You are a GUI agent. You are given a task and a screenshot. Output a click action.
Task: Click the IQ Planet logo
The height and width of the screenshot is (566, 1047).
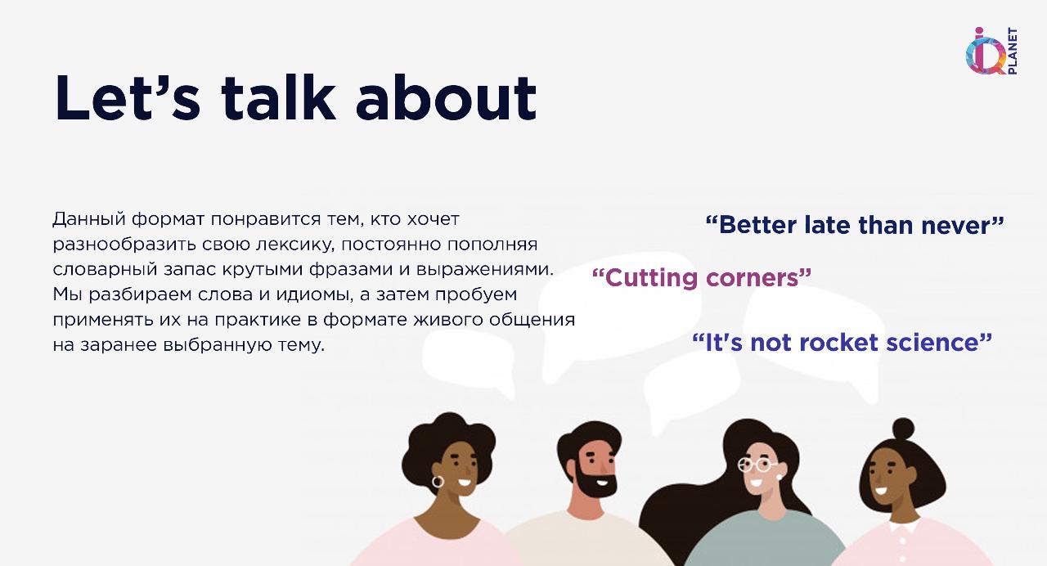[x=991, y=51]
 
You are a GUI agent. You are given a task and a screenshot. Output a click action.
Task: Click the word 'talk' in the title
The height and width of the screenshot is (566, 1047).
[x=279, y=97]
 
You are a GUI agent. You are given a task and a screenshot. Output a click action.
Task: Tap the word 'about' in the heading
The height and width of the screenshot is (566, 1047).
[x=446, y=97]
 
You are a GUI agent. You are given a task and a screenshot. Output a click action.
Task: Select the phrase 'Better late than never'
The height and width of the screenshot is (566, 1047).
[x=855, y=225]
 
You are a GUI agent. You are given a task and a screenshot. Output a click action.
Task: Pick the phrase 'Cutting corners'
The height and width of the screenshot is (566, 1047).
[x=702, y=277]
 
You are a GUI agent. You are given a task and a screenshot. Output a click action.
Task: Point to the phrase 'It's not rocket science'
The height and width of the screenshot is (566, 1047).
[x=842, y=343]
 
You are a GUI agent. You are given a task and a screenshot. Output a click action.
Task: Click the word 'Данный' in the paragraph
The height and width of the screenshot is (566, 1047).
[x=89, y=219]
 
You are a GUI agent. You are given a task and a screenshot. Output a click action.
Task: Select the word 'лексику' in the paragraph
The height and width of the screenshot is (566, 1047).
[x=295, y=245]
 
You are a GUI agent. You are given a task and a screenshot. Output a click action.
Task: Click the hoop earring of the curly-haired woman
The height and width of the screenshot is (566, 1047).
[x=438, y=482]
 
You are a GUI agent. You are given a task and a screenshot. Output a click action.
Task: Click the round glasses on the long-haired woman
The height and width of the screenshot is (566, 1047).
[x=754, y=465]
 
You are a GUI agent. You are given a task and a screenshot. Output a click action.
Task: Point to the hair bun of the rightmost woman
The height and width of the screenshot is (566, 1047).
[x=903, y=429]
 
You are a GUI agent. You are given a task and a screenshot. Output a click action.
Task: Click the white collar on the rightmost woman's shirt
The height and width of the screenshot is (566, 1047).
[x=904, y=528]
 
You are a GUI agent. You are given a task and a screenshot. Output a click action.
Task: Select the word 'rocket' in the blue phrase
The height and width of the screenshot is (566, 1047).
[x=838, y=343]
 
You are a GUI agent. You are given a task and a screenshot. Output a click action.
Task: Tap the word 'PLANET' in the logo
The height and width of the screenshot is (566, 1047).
[x=1012, y=51]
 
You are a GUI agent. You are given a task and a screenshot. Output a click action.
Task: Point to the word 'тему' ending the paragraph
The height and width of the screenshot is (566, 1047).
[x=301, y=345]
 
